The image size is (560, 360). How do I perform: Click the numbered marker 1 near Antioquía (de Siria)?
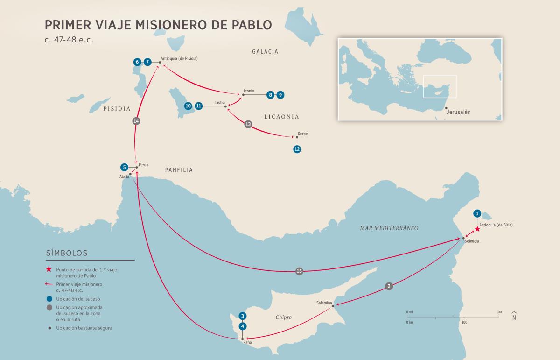pos(477,213)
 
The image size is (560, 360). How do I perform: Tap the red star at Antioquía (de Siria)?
pos(477,229)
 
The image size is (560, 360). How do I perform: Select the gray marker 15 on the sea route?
pos(299,271)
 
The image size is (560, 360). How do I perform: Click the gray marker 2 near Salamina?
pos(389,286)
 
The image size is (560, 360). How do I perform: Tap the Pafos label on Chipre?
pos(248,342)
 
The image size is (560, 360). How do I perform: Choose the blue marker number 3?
pos(242,315)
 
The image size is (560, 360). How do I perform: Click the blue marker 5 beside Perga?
pos(124,167)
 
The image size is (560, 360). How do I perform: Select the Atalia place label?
pos(124,176)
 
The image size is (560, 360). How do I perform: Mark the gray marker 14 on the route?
pos(136,121)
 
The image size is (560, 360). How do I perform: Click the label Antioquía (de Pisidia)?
pos(179,59)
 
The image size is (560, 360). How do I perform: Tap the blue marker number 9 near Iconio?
pos(280,95)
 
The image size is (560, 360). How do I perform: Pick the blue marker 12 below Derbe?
pos(297,149)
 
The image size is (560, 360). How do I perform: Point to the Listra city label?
pos(220,102)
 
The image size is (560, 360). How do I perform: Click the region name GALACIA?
pos(265,51)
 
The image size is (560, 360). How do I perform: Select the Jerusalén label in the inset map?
pos(459,113)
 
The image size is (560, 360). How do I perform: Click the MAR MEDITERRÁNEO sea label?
pos(389,228)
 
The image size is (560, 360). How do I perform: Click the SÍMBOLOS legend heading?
pos(67,253)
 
